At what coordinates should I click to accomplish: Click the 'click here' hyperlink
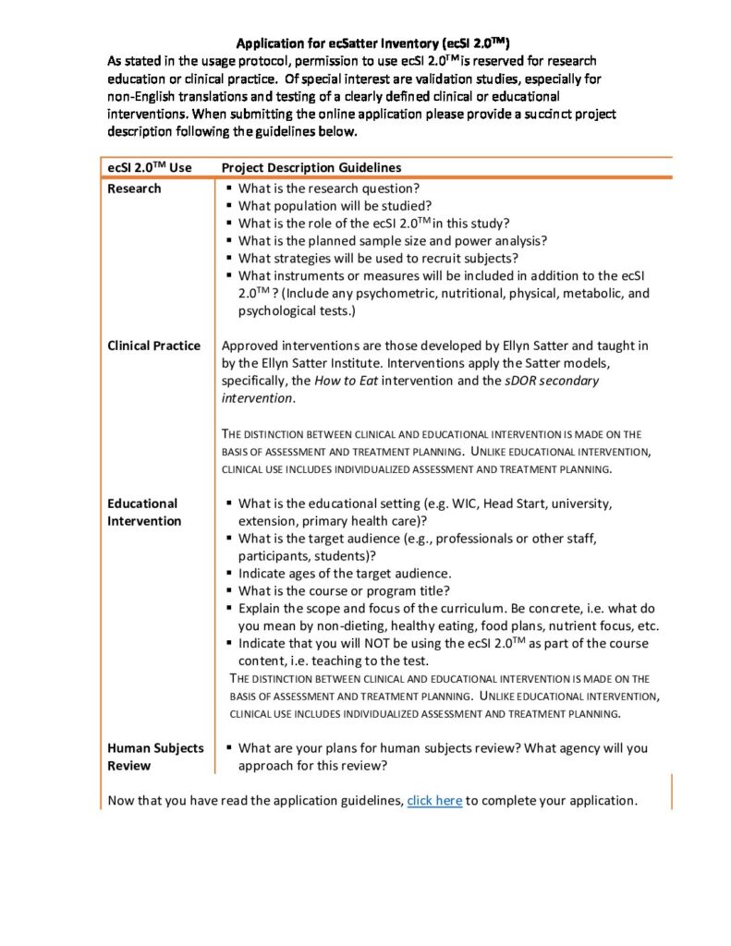434,800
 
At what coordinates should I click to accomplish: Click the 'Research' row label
134,188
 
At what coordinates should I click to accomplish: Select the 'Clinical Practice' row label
153,346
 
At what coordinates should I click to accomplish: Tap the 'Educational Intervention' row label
144,513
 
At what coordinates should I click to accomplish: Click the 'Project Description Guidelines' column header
311,167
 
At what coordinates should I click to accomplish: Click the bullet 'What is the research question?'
328,188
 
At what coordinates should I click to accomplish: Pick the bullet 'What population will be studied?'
335,205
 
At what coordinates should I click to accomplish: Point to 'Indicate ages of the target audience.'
345,573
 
